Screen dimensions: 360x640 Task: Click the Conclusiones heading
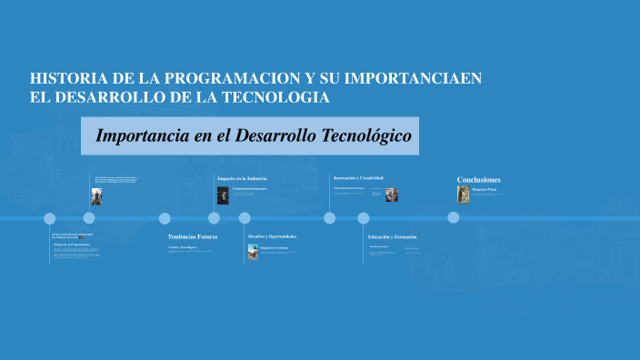click(478, 179)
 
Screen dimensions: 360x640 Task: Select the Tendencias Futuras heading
click(192, 236)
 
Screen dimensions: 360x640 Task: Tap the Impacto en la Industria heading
click(242, 178)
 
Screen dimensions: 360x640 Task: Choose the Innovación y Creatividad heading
click(358, 178)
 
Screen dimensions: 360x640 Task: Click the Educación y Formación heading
click(392, 236)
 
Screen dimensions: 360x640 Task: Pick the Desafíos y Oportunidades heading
click(272, 236)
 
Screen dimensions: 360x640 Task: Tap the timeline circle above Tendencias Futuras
click(165, 217)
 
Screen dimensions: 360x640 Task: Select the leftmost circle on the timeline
click(50, 217)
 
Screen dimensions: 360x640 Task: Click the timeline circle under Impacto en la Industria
click(214, 217)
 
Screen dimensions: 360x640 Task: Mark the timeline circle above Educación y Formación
click(364, 217)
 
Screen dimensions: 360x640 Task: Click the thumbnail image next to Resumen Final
click(463, 194)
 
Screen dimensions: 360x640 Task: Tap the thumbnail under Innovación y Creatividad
click(391, 195)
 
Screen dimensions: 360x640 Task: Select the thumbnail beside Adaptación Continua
click(253, 251)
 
